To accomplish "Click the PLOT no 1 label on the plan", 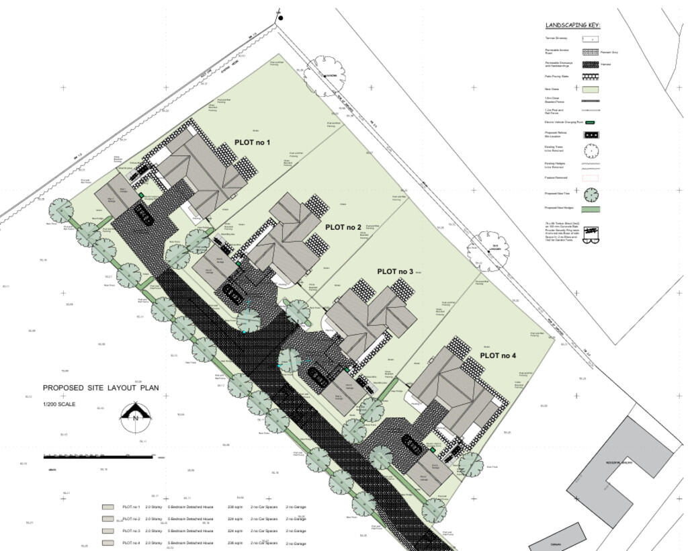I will (252, 142).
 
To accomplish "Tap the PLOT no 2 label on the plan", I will (343, 227).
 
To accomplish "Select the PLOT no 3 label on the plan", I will (396, 271).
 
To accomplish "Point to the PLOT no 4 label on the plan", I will (498, 355).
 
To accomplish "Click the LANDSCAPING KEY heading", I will (572, 26).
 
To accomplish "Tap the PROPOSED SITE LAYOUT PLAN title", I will (101, 388).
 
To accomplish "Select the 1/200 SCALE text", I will (59, 405).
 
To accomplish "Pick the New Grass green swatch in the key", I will (591, 89).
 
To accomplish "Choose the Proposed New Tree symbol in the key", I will (591, 195).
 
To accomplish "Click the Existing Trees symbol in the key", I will (591, 150).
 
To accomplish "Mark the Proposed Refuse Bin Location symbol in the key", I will (591, 134).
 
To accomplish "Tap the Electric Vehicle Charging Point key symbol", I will (590, 122).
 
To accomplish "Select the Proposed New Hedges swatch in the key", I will (591, 210).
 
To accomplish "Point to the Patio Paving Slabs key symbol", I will (591, 77).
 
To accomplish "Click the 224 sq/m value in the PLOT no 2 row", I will (235, 519).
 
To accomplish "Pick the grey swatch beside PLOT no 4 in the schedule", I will (107, 542).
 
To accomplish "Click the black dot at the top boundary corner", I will (280, 18).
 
